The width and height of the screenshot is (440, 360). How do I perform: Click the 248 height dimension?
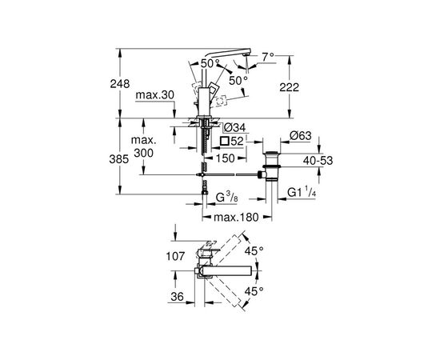pos(120,84)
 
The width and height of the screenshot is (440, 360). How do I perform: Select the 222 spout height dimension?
pos(290,87)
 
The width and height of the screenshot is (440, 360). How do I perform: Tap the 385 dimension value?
pos(119,159)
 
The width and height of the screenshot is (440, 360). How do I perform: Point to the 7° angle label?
pos(268,57)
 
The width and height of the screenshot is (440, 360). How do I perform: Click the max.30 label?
pos(155,95)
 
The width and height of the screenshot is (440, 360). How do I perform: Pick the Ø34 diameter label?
pos(235,128)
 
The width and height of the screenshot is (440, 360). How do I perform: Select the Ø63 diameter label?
pos(301,136)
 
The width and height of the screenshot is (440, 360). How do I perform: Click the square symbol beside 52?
pos(225,141)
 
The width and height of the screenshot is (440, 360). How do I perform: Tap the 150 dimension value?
pos(226,158)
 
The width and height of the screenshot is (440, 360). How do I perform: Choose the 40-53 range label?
pos(318,161)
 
